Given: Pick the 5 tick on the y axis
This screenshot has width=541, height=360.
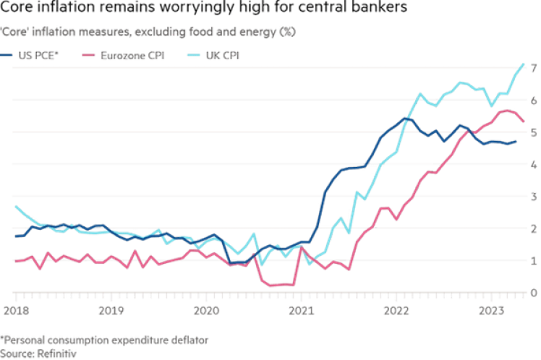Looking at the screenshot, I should (x=533, y=133).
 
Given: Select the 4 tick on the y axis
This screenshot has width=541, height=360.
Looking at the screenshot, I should (x=533, y=165).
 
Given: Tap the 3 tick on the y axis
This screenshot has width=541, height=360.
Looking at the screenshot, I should (x=533, y=197).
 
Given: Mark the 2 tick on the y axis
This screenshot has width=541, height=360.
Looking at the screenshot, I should (x=533, y=228).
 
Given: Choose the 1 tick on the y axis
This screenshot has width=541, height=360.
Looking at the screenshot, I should (x=533, y=260).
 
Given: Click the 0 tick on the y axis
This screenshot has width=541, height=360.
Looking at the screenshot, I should (x=533, y=292).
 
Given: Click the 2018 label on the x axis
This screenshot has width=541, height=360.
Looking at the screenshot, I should (x=16, y=309).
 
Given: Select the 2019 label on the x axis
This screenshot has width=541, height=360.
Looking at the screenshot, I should (x=111, y=309).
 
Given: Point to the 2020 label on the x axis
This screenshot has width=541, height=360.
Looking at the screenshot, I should (x=206, y=309).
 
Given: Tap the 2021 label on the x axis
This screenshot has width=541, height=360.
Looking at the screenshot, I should (x=302, y=309).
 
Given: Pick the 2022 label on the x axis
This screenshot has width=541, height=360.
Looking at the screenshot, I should (x=397, y=309).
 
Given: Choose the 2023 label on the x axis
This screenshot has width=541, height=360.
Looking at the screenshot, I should (x=492, y=309).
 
